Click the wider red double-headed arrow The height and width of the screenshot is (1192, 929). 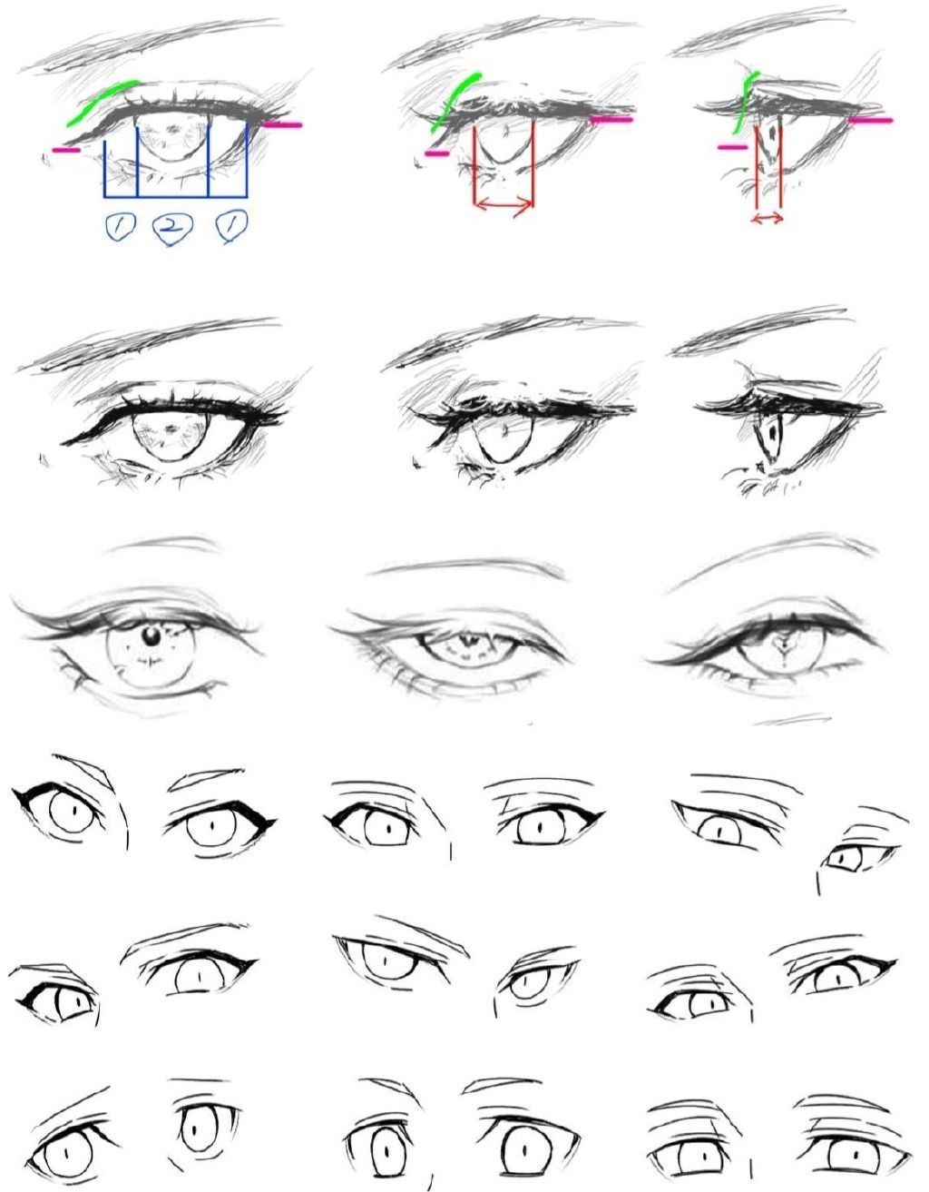(504, 205)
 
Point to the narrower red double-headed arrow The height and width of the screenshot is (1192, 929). (768, 219)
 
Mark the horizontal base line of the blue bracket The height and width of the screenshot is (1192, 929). (176, 196)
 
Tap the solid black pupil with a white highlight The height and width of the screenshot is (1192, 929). (150, 637)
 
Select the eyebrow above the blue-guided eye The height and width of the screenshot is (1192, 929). (151, 45)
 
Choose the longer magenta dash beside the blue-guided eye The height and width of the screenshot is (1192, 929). (282, 124)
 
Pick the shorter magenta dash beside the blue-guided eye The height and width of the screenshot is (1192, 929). (66, 149)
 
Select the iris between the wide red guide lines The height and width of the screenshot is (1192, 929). (504, 142)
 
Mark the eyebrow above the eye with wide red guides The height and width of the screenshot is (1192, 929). (513, 44)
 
